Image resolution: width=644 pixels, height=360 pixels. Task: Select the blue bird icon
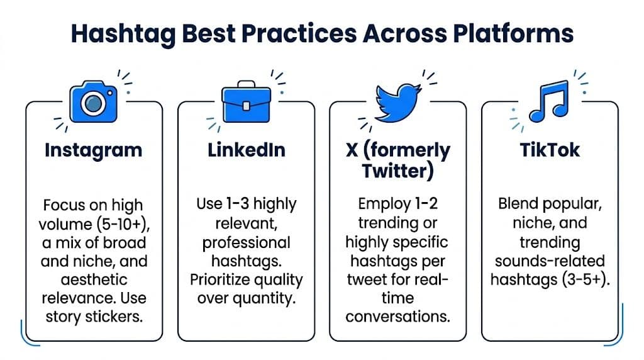click(397, 103)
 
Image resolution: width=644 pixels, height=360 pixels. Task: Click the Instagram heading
click(94, 150)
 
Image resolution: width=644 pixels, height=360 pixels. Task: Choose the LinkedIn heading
click(246, 150)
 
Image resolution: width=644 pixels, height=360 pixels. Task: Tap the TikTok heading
click(550, 150)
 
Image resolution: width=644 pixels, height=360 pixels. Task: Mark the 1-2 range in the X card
click(423, 205)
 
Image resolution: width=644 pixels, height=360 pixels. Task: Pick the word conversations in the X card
click(397, 316)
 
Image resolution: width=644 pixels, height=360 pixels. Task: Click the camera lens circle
click(93, 103)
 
